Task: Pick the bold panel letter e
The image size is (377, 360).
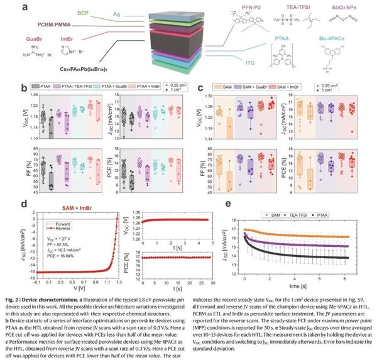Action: point(212,204)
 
